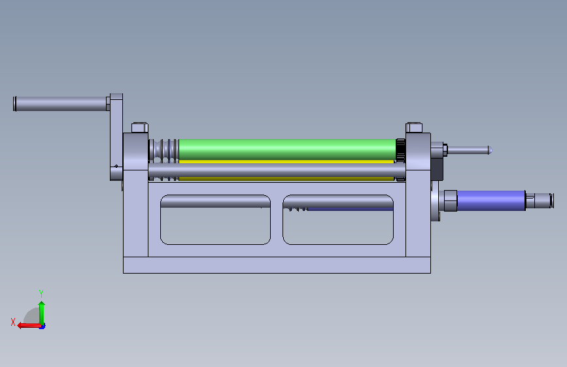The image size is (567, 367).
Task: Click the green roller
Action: click(288, 150)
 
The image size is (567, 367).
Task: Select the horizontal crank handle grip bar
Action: click(61, 104)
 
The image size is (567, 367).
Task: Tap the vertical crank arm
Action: click(116, 137)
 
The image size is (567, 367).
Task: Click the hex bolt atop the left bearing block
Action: click(139, 127)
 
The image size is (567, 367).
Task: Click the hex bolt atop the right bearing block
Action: click(414, 127)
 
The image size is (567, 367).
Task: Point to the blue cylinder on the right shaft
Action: click(491, 200)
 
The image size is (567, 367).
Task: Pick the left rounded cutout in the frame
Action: click(215, 219)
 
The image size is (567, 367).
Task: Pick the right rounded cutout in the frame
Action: click(338, 219)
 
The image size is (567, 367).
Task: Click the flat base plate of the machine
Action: click(277, 265)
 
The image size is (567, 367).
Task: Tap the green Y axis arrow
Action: click(42, 313)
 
